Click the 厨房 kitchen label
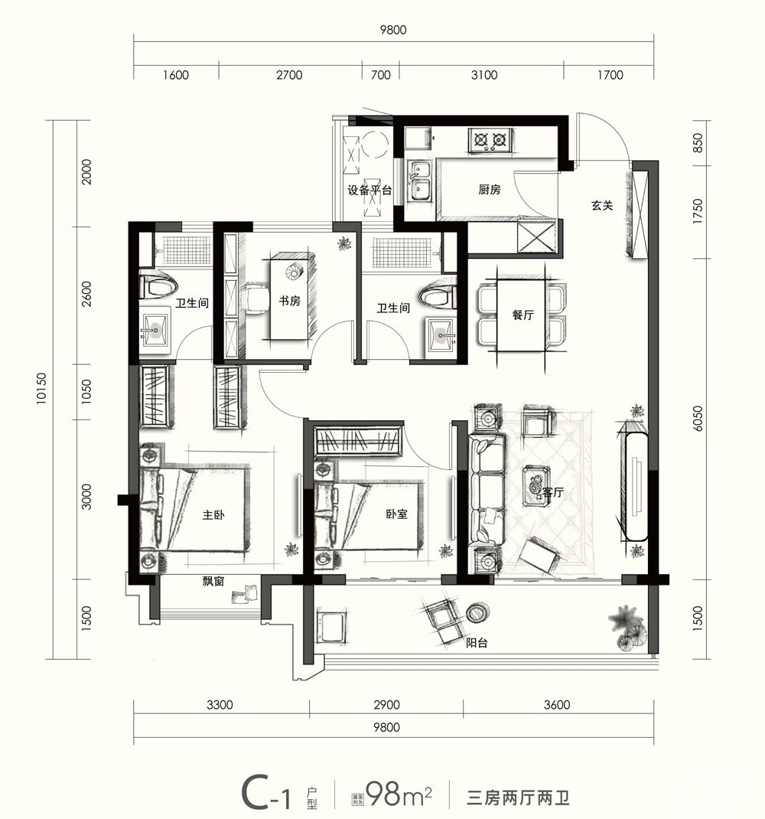coord(490,190)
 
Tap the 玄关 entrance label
coord(602,206)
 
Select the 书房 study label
coord(289,301)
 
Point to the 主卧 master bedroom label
coord(213,515)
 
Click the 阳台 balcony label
coord(477,643)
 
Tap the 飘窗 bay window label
coord(213,582)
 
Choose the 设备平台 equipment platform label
coord(369,190)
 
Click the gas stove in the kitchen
coord(490,140)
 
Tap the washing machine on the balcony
coord(330,627)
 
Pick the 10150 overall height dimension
coord(41,389)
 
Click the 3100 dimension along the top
coord(484,75)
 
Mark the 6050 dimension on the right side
coord(698,419)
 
